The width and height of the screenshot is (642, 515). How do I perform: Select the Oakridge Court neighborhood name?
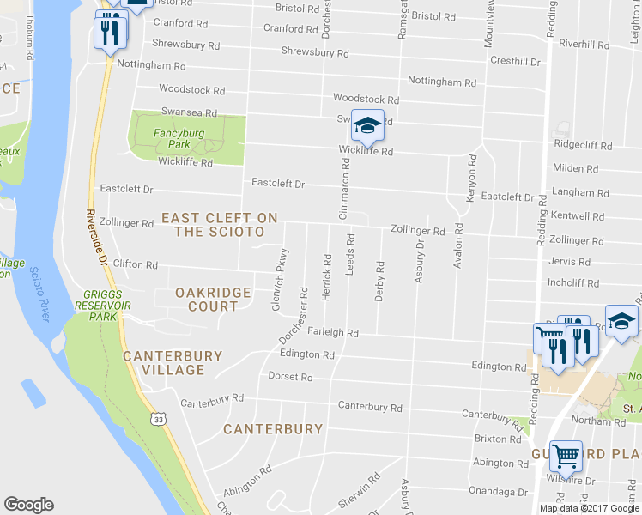(213, 300)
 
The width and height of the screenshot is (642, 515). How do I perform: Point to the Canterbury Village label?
(173, 362)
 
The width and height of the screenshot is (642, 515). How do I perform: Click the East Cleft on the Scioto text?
(220, 225)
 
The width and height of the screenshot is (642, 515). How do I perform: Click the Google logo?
(28, 505)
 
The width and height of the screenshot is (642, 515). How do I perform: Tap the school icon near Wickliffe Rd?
(367, 127)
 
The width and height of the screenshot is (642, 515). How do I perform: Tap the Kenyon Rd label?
(471, 179)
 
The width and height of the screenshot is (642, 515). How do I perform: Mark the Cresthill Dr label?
(515, 61)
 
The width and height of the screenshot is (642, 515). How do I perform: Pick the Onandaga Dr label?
(499, 492)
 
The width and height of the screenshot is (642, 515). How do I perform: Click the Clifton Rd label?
(136, 265)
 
